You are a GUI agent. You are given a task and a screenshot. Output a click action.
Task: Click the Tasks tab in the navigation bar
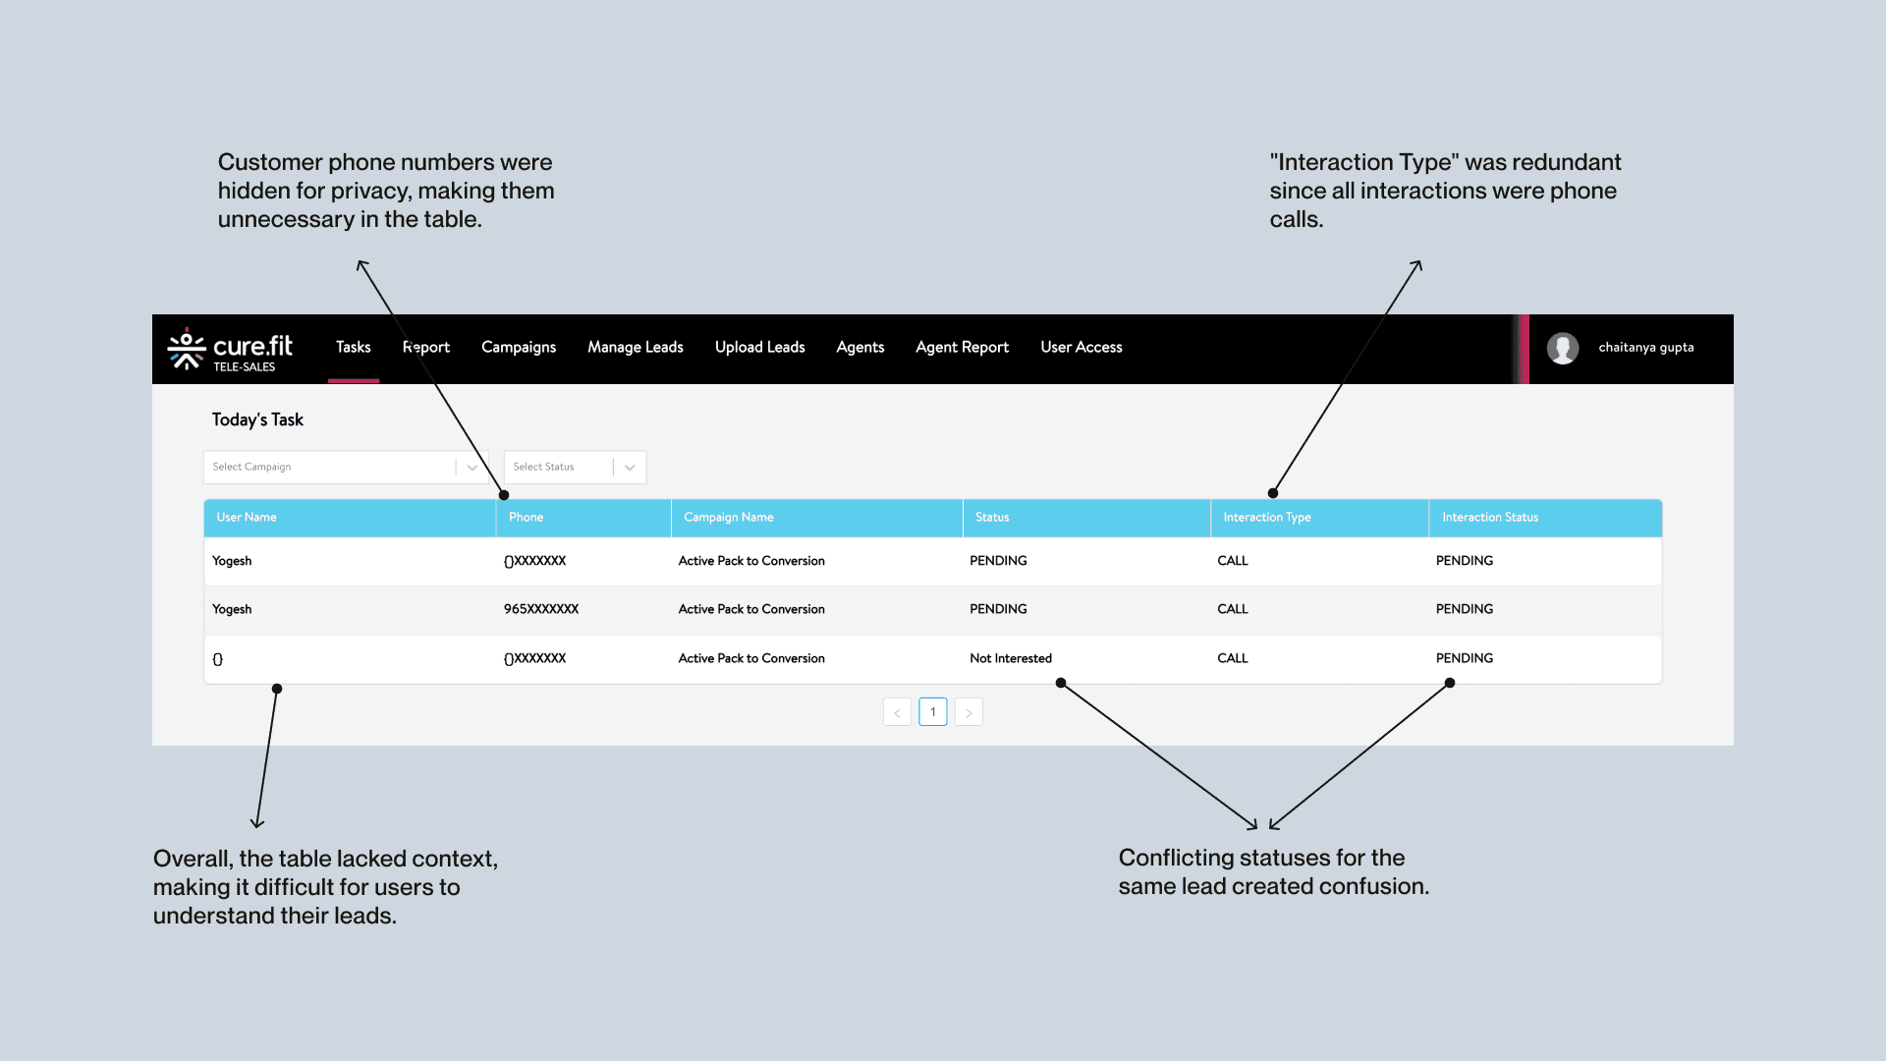point(353,348)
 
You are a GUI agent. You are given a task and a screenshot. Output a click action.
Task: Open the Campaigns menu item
point(519,348)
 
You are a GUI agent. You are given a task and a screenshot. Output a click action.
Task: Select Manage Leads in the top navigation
point(636,348)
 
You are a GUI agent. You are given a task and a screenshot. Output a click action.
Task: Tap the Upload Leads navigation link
point(759,348)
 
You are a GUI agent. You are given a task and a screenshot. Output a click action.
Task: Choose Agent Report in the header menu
point(962,348)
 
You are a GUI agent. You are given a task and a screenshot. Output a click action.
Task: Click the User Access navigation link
point(1082,348)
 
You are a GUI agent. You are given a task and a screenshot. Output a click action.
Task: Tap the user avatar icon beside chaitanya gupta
point(1563,348)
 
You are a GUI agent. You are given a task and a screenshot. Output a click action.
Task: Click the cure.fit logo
point(230,350)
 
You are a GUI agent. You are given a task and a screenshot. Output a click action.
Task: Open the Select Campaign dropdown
point(346,467)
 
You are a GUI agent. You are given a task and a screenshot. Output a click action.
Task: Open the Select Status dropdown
point(575,467)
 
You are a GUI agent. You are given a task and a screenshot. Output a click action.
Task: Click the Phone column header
point(527,518)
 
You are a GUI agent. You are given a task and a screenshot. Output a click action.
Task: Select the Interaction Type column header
point(1267,518)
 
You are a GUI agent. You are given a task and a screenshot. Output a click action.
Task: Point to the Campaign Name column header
point(729,518)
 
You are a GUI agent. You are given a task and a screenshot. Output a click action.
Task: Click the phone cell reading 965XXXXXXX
point(541,609)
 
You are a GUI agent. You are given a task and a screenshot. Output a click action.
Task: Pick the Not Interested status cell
point(1011,658)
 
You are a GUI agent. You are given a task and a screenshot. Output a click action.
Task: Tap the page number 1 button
point(933,712)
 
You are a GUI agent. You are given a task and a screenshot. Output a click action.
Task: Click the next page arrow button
point(969,712)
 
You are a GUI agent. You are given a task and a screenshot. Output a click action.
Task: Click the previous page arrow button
point(897,712)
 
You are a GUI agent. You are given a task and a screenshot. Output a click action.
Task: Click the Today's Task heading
point(257,420)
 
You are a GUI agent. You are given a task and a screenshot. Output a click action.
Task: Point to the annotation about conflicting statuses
point(1274,872)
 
